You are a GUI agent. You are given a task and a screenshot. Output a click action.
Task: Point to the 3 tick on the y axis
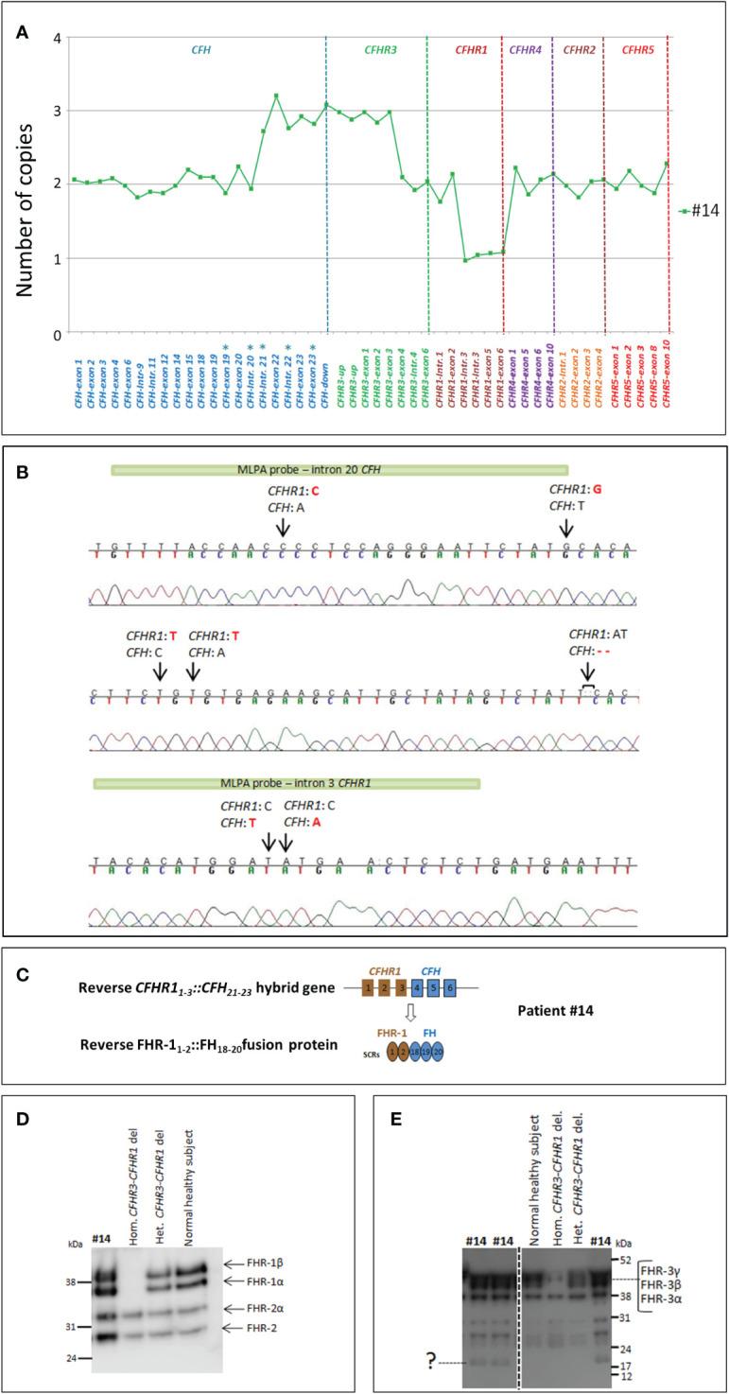56,111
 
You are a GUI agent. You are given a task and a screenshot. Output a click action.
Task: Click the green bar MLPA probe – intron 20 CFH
339,468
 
